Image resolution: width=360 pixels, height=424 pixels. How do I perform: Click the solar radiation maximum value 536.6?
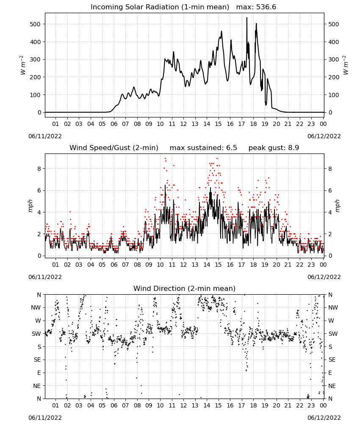(266, 7)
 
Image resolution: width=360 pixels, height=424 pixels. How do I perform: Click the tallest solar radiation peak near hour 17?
(246, 17)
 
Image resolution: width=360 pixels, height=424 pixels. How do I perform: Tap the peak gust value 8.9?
(293, 148)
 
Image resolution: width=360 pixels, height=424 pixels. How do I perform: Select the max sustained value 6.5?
(231, 148)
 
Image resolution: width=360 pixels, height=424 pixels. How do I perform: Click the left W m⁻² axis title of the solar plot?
(22, 65)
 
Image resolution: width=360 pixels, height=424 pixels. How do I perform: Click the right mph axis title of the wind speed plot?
(337, 206)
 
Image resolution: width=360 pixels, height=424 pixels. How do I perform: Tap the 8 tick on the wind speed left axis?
(39, 169)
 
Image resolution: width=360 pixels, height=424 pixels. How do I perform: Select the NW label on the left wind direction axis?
(36, 308)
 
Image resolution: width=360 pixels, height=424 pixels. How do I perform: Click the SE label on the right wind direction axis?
(332, 360)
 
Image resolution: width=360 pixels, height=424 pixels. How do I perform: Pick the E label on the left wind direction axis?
(39, 373)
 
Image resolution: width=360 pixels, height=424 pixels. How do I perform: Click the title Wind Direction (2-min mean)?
(185, 288)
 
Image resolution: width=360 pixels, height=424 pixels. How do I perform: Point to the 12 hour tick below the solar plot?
(183, 124)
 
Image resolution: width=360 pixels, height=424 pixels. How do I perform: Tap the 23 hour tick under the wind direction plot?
(311, 405)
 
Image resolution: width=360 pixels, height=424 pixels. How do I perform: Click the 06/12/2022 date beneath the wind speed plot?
(324, 277)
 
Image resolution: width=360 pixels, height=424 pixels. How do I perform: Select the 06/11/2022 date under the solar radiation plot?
(45, 137)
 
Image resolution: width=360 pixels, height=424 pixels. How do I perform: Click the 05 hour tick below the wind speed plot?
(102, 265)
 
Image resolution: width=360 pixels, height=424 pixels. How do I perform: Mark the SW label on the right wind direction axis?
(333, 334)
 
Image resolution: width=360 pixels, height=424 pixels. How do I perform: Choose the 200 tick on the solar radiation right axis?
(334, 77)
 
